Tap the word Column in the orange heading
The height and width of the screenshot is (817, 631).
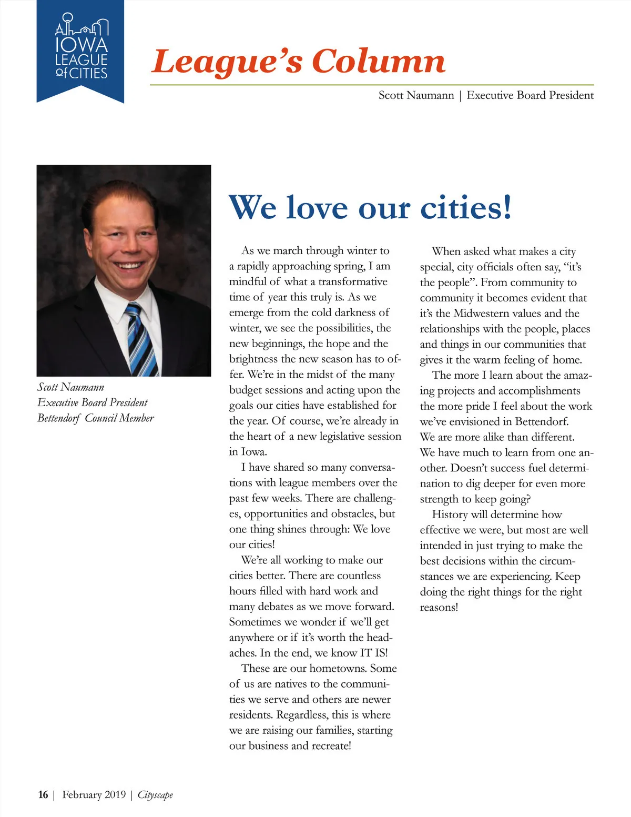pos(378,62)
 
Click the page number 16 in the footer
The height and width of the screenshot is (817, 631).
pos(43,794)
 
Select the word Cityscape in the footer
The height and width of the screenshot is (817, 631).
pos(155,794)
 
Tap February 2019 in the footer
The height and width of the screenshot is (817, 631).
pos(94,794)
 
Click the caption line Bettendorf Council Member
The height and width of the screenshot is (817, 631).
pos(96,418)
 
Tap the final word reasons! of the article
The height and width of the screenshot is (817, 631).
pos(439,608)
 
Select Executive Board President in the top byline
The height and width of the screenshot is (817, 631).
pos(530,95)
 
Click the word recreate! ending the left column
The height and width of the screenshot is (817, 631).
pos(331,746)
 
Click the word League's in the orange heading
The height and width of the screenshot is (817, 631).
pos(227,62)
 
